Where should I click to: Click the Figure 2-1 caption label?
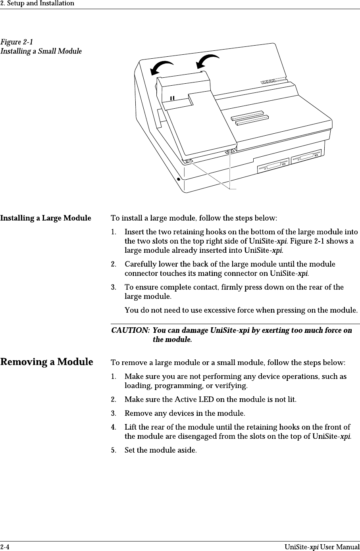tap(17, 42)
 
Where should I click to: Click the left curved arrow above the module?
tap(162, 68)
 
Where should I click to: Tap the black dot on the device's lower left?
tap(179, 179)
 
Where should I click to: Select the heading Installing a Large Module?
tap(45, 219)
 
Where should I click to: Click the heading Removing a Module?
tap(47, 362)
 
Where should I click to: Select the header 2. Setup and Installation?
tap(37, 4)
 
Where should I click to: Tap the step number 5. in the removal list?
tap(114, 451)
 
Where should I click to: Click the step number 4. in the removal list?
tap(114, 428)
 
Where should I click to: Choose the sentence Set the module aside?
tap(160, 451)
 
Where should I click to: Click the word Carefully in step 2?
tap(140, 264)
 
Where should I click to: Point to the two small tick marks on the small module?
tap(172, 97)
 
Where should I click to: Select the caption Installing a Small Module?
tap(41, 52)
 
